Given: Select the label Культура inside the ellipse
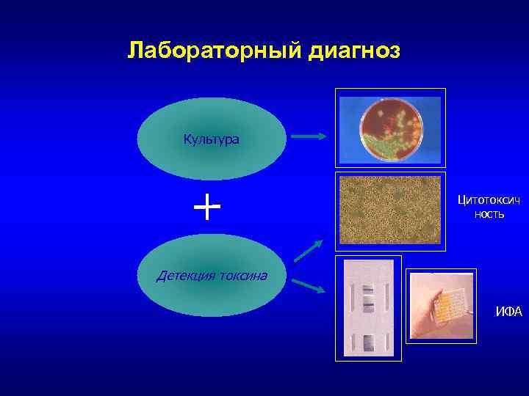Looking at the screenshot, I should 211,139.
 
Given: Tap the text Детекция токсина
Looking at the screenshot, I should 212,276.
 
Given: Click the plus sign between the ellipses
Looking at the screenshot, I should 207,208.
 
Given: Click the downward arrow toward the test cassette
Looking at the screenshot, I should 308,286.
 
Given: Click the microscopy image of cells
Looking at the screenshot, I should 389,210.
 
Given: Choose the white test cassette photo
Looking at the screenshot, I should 368,308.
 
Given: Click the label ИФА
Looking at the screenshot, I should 508,312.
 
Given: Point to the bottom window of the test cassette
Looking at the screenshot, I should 368,341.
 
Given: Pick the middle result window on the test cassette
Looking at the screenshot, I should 368,302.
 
